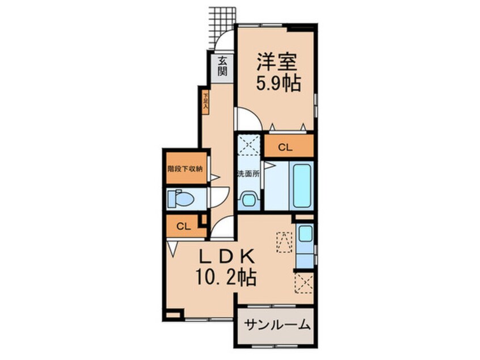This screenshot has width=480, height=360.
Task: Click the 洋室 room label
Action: (x=274, y=61)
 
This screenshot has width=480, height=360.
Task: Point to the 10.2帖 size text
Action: (x=225, y=277)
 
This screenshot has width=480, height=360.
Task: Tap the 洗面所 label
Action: (x=249, y=174)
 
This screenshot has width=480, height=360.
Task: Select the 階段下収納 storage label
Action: (x=186, y=168)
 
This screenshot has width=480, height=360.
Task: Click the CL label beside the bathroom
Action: (x=285, y=148)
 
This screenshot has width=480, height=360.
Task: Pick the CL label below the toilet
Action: (x=182, y=226)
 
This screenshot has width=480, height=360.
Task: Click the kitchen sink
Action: (x=304, y=233)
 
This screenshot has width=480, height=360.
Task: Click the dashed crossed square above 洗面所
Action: (x=248, y=145)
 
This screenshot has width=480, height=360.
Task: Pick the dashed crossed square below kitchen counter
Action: (x=304, y=282)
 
